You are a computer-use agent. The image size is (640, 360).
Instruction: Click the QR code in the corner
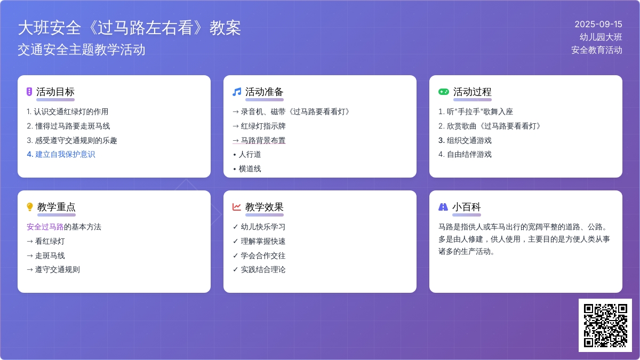tap(605, 325)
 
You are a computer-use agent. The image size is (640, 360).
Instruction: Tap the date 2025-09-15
tap(598, 25)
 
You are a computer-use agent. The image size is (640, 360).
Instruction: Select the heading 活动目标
tap(55, 92)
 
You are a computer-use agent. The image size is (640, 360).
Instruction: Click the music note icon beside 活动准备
tap(237, 92)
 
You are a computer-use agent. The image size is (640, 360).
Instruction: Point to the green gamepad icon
tap(443, 92)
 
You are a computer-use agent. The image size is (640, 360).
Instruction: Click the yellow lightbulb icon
tap(30, 206)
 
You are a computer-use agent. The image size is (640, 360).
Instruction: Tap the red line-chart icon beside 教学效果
tap(237, 206)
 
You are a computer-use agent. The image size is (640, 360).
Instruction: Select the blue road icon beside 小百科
tap(443, 206)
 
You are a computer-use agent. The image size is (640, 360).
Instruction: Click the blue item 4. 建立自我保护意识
tap(61, 154)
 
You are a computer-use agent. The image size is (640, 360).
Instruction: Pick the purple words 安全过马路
tap(45, 227)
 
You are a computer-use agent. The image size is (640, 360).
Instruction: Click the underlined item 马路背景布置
tap(263, 140)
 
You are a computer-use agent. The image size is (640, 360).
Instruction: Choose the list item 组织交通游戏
tap(469, 140)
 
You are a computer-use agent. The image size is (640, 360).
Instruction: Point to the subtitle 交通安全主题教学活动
tap(82, 50)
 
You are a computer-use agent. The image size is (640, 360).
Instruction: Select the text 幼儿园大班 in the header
tap(601, 37)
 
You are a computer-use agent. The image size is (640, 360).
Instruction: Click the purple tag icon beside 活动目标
tap(29, 92)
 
